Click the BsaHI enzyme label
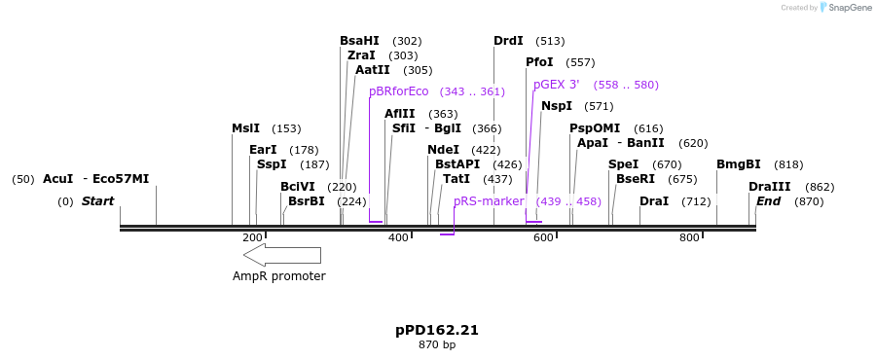pyautogui.click(x=359, y=41)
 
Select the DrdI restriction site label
pyautogui.click(x=508, y=41)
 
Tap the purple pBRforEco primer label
pyautogui.click(x=398, y=91)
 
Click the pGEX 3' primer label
pyautogui.click(x=557, y=85)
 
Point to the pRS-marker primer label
pyautogui.click(x=489, y=201)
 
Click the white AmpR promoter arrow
pyautogui.click(x=281, y=255)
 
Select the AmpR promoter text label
pyautogui.click(x=278, y=276)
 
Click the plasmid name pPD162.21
pyautogui.click(x=437, y=331)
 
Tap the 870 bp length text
pyautogui.click(x=437, y=345)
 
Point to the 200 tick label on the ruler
pyautogui.click(x=252, y=238)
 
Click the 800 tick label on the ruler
pyautogui.click(x=689, y=238)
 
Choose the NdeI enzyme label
pyautogui.click(x=443, y=150)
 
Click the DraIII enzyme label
pyautogui.click(x=769, y=187)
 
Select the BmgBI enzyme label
pyautogui.click(x=739, y=164)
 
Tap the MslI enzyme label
pyautogui.click(x=245, y=128)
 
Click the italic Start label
pyautogui.click(x=97, y=201)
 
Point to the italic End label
pyautogui.click(x=768, y=201)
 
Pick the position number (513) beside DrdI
pyautogui.click(x=550, y=41)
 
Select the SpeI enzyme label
pyautogui.click(x=623, y=164)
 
